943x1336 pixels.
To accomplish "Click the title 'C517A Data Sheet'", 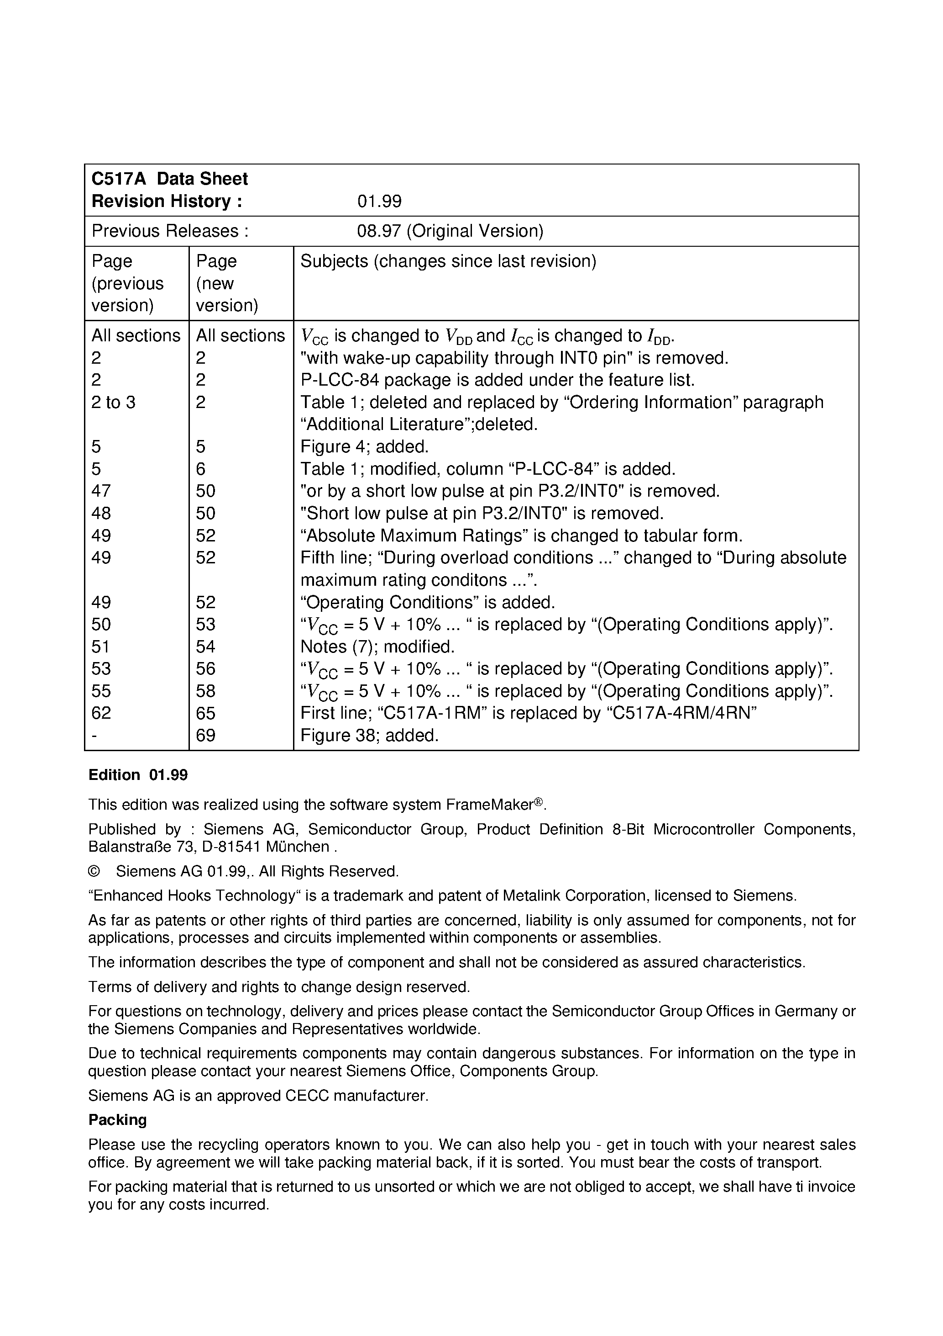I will tap(169, 179).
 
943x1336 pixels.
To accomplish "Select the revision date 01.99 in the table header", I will tap(379, 201).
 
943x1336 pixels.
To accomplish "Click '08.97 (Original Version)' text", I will tap(450, 231).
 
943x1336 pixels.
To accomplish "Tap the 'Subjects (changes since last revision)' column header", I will tap(448, 261).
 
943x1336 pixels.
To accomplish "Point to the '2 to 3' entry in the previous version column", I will tap(113, 402).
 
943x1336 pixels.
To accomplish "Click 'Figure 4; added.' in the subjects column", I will tap(364, 446).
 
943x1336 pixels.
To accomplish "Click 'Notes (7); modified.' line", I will tap(377, 647).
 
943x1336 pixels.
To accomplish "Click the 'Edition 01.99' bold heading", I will tap(138, 775).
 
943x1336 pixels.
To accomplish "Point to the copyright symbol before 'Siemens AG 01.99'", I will tap(94, 871).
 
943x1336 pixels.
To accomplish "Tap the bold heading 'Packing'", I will tap(117, 1120).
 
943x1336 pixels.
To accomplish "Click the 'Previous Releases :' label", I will tap(170, 231).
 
